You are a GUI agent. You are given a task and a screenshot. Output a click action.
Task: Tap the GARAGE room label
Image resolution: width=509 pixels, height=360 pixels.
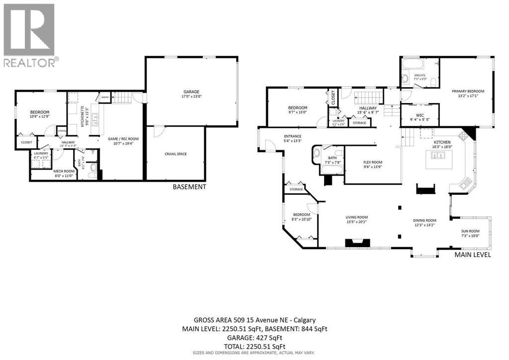[x=191, y=91]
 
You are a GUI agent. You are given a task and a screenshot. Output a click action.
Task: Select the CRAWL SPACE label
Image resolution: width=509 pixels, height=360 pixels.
[x=175, y=154]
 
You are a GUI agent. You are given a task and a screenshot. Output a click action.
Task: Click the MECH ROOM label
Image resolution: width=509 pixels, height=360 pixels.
[x=64, y=171]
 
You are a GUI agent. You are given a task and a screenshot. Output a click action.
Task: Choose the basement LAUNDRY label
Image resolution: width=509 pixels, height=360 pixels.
[x=41, y=154]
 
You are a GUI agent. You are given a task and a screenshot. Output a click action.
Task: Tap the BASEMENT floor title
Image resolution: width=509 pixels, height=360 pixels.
[x=189, y=187]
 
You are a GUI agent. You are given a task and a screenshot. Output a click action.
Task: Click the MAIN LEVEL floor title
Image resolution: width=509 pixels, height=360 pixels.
[x=473, y=255]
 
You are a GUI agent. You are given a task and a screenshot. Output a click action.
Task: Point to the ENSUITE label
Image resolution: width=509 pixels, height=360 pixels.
[x=420, y=75]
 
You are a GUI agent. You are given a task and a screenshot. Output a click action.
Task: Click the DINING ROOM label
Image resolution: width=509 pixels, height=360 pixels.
[x=424, y=220]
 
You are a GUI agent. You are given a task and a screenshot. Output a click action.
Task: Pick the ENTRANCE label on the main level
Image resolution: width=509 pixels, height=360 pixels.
[x=293, y=136]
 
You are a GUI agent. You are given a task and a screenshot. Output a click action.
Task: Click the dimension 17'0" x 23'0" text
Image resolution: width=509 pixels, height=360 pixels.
[x=191, y=97]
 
